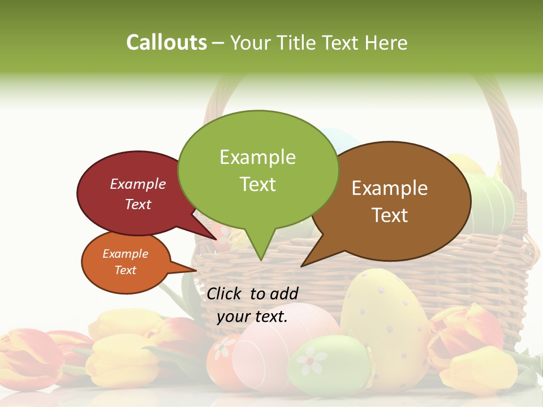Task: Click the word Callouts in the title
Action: (x=166, y=42)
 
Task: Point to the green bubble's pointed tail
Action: (x=260, y=249)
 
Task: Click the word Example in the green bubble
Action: (x=257, y=157)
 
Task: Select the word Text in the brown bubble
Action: (x=390, y=215)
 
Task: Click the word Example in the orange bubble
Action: (x=125, y=254)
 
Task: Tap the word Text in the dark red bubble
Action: (x=138, y=204)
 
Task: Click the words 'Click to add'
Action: (x=252, y=293)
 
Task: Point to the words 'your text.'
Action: (x=252, y=317)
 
